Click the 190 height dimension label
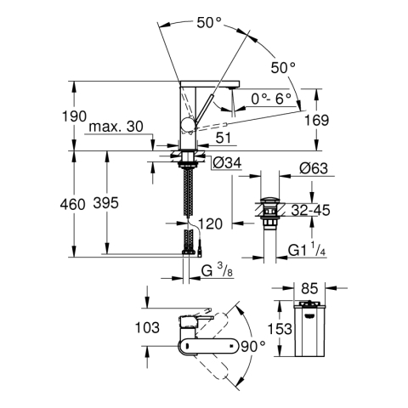coord(74,116)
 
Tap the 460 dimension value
coord(72,204)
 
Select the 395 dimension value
coord(106,203)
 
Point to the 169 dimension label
coord(317,120)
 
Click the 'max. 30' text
coord(116,127)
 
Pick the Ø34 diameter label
coord(227,163)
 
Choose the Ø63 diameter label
coord(314,168)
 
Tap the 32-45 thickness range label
coord(311,210)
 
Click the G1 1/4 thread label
coord(307,249)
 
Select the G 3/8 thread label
coord(217,270)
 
